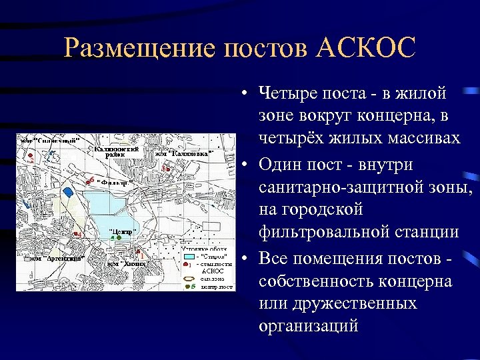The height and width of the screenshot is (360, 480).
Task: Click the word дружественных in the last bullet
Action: pyautogui.click(x=347, y=303)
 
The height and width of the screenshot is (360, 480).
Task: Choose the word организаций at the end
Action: pyautogui.click(x=309, y=327)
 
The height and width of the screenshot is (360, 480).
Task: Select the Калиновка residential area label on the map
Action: pyautogui.click(x=184, y=154)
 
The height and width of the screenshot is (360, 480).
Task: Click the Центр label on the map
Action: pyautogui.click(x=122, y=231)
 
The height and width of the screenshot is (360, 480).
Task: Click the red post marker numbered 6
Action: pyautogui.click(x=89, y=181)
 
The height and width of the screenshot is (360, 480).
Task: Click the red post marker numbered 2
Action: pyautogui.click(x=31, y=160)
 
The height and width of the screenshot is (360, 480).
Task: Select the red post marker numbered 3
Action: pyautogui.click(x=166, y=169)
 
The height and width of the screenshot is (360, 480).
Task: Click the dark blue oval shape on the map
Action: pyautogui.click(x=67, y=192)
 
